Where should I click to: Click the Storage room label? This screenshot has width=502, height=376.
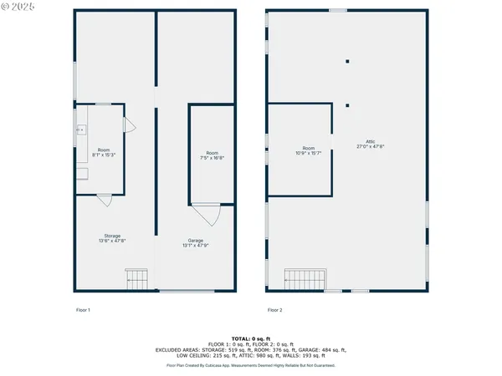115,239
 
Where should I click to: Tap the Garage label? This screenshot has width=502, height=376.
195,243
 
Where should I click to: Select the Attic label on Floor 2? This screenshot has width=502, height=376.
370,144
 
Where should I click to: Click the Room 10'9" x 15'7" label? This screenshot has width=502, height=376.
309,150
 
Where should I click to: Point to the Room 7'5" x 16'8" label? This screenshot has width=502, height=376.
213,155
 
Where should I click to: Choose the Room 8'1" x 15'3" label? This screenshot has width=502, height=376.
103,152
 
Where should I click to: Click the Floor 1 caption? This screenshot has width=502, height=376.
83,310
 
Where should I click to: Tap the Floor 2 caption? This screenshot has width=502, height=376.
275,310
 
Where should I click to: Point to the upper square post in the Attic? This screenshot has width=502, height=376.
347,61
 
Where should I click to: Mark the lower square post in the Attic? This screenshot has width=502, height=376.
347,105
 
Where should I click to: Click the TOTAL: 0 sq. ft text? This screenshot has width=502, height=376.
251,338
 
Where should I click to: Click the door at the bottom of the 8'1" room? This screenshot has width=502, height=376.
104,200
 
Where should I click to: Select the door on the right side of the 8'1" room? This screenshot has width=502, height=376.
129,124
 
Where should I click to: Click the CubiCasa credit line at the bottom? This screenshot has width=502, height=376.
251,365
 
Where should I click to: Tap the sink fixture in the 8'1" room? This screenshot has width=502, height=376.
81,130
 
